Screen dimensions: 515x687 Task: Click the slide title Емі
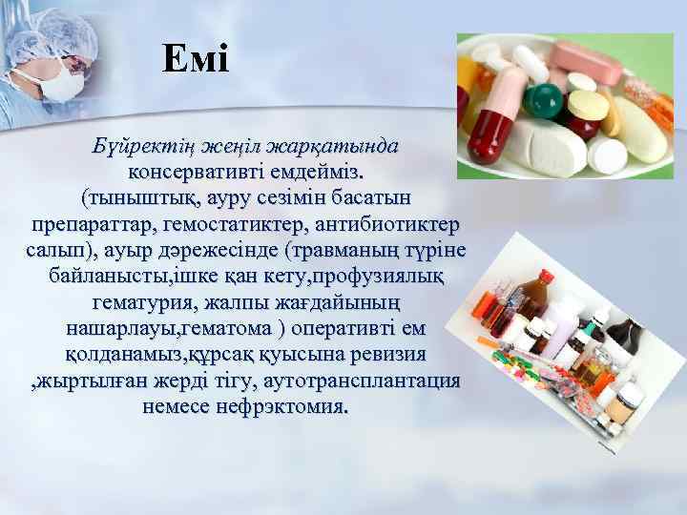196,60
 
